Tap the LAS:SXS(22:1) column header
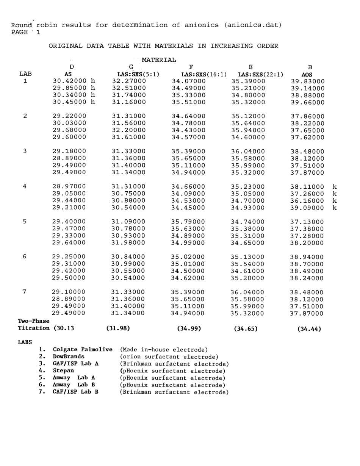click(261, 74)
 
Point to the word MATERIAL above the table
click(159, 60)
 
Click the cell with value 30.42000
click(69, 81)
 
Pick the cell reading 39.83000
click(307, 81)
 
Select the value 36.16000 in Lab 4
click(307, 201)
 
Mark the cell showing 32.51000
click(129, 88)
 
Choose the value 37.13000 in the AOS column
click(307, 222)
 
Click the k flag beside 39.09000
click(334, 208)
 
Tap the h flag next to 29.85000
click(92, 88)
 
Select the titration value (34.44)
click(309, 329)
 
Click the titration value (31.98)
click(118, 328)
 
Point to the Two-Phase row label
click(33, 321)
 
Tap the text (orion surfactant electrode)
click(169, 357)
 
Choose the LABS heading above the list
click(25, 342)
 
